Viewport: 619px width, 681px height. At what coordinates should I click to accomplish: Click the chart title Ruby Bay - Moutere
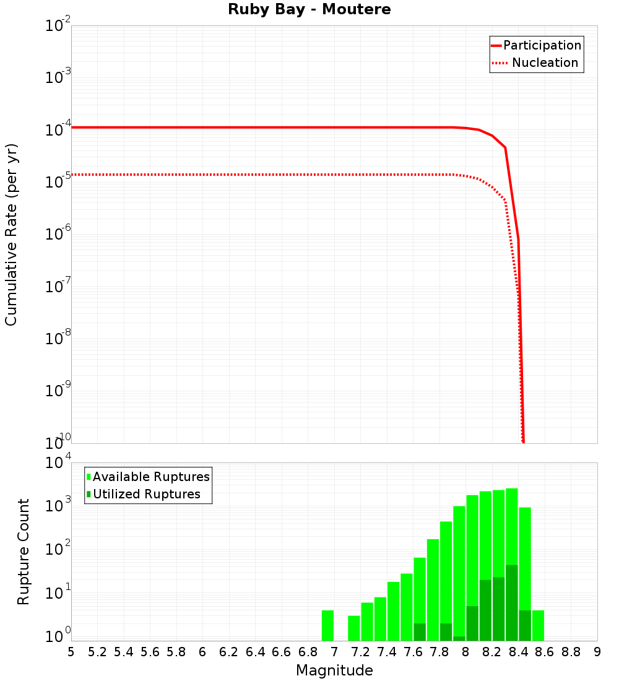click(309, 10)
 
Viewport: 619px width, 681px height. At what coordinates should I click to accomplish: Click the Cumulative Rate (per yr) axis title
click(12, 235)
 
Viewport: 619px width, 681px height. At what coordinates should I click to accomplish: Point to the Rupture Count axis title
click(24, 552)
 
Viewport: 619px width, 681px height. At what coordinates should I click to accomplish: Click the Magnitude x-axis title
click(334, 670)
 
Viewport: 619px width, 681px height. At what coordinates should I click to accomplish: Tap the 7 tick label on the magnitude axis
click(334, 652)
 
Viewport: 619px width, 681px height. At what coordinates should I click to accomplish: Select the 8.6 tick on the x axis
click(545, 652)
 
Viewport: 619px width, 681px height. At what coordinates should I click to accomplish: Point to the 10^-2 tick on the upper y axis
click(58, 27)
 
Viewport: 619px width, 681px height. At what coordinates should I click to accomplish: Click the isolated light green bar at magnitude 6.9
click(327, 625)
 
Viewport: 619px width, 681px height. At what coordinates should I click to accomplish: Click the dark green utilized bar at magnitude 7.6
click(420, 632)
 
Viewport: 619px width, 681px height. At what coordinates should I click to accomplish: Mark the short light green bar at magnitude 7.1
click(354, 628)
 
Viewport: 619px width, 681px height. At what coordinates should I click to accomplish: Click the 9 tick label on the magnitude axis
click(597, 652)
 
